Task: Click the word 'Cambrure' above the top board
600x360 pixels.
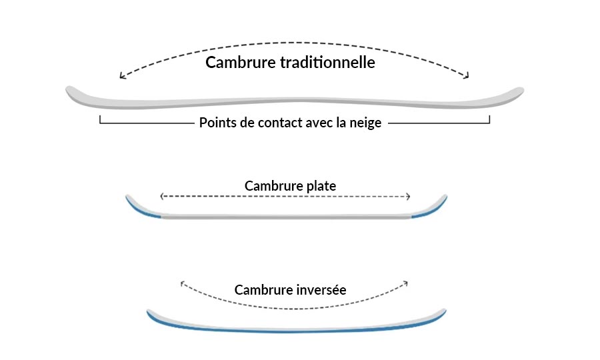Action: (240, 63)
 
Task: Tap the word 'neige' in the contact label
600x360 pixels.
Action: (365, 123)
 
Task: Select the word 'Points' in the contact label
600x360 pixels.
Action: (217, 123)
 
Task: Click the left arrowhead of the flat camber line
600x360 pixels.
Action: (162, 196)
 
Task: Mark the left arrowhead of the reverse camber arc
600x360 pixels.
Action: (182, 283)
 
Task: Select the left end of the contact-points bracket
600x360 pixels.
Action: (100, 120)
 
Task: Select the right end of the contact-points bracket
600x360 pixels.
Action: (489, 120)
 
